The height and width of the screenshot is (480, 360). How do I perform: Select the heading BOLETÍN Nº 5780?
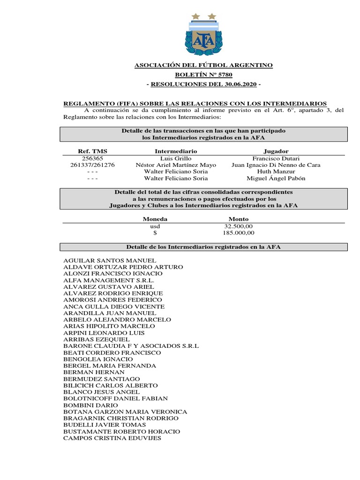[x=203, y=75]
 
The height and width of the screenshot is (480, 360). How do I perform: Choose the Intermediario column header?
[x=176, y=151]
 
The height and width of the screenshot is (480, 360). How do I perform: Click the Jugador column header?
[x=276, y=151]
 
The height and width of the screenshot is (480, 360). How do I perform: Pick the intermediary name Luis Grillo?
[x=176, y=158]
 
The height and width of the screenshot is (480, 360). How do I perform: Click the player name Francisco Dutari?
[x=276, y=158]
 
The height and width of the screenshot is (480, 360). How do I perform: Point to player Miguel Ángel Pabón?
[x=276, y=178]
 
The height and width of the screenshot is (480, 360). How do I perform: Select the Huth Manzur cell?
[x=276, y=172]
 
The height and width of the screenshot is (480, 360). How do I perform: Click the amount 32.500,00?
[x=239, y=226]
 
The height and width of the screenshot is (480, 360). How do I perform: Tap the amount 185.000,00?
[x=239, y=232]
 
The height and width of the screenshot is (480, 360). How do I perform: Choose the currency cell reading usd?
[x=155, y=226]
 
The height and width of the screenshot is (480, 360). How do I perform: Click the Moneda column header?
[x=155, y=219]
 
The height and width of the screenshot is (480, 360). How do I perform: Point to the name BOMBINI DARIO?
[x=90, y=405]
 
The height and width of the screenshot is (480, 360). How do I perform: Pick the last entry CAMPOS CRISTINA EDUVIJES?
[x=112, y=438]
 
